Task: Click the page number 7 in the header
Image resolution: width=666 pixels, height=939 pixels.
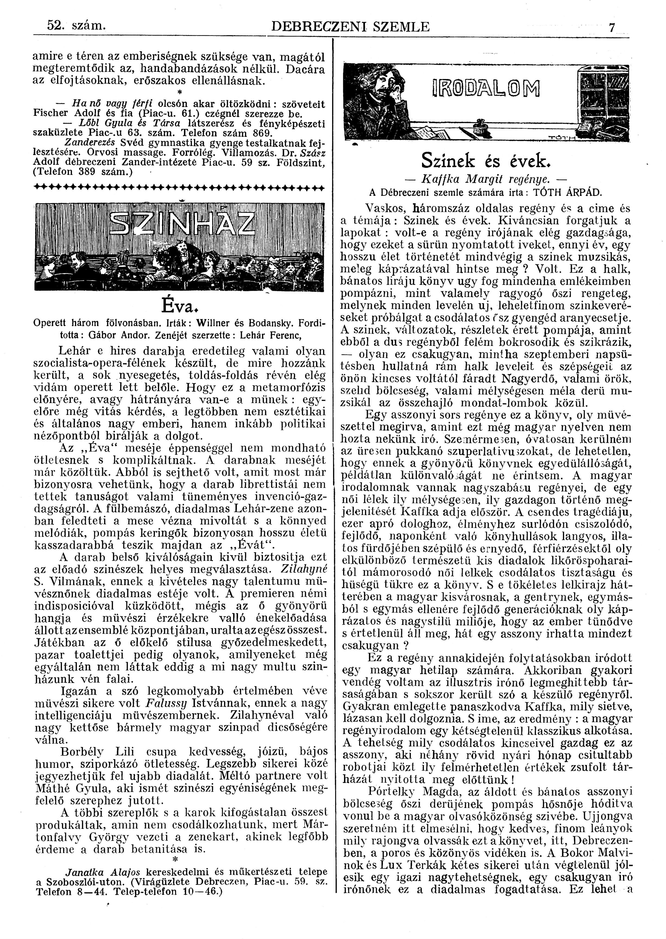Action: click(x=612, y=28)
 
